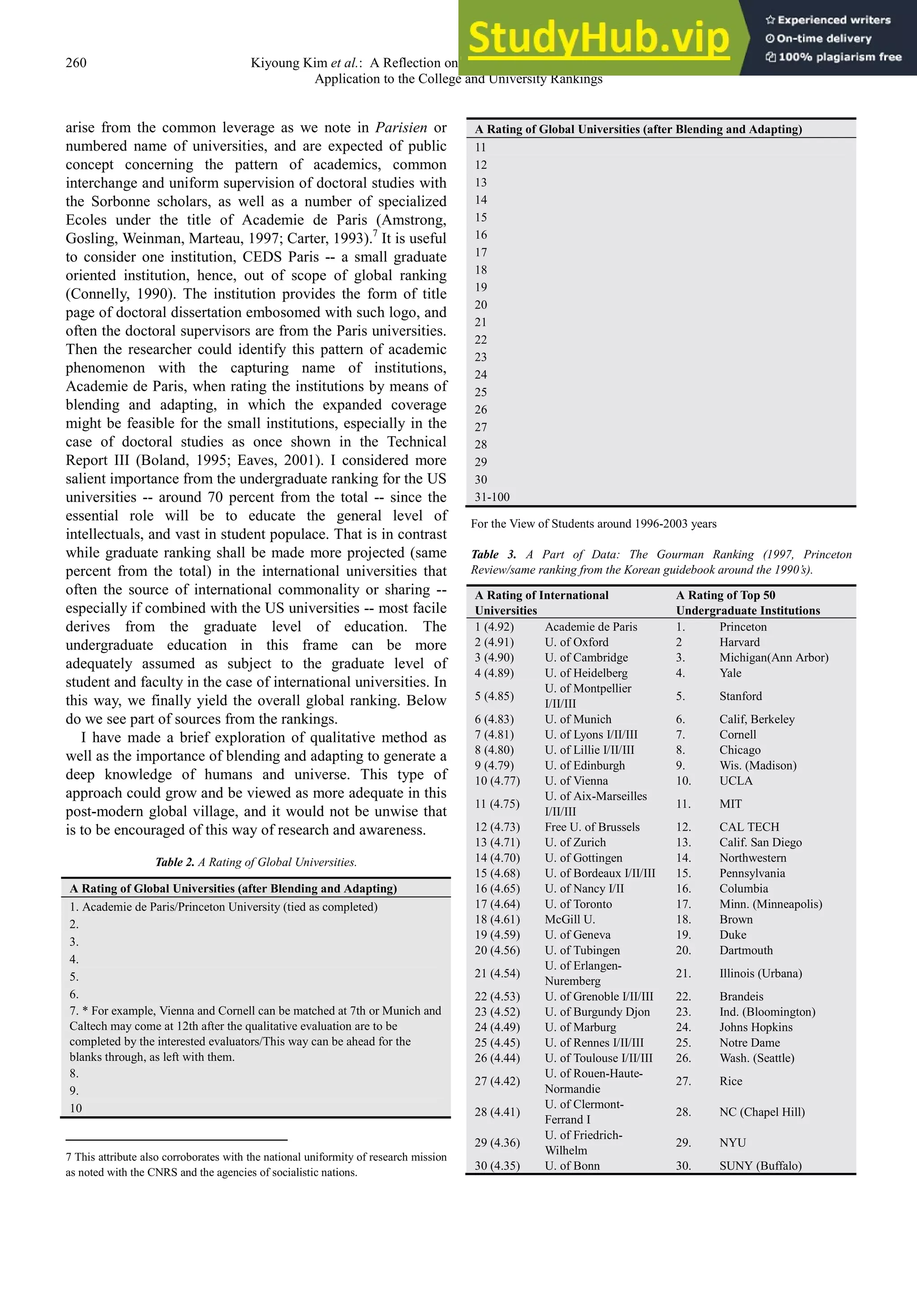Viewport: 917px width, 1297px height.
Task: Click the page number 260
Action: coord(76,63)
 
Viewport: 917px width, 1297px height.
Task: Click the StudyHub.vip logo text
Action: coord(599,37)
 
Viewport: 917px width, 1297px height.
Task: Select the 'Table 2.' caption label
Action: coord(175,862)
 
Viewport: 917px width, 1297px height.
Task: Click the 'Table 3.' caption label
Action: coord(493,554)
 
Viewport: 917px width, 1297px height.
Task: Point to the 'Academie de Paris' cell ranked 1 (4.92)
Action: coord(591,627)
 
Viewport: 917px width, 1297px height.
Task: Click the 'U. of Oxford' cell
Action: coord(576,642)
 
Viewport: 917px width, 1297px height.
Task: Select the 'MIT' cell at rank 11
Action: coord(730,803)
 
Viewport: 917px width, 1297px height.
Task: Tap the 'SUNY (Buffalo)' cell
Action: coord(760,1165)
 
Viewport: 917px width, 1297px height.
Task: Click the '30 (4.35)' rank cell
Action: coord(497,1165)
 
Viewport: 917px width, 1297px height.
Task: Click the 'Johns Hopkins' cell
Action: coord(755,1027)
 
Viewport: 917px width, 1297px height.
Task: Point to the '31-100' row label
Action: coord(492,497)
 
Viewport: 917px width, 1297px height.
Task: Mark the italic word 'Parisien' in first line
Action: coord(401,128)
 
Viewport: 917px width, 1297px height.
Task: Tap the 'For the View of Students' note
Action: coord(593,524)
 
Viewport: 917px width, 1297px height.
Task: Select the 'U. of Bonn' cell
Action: coord(572,1165)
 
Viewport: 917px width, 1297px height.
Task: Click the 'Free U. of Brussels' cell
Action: coord(591,827)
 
